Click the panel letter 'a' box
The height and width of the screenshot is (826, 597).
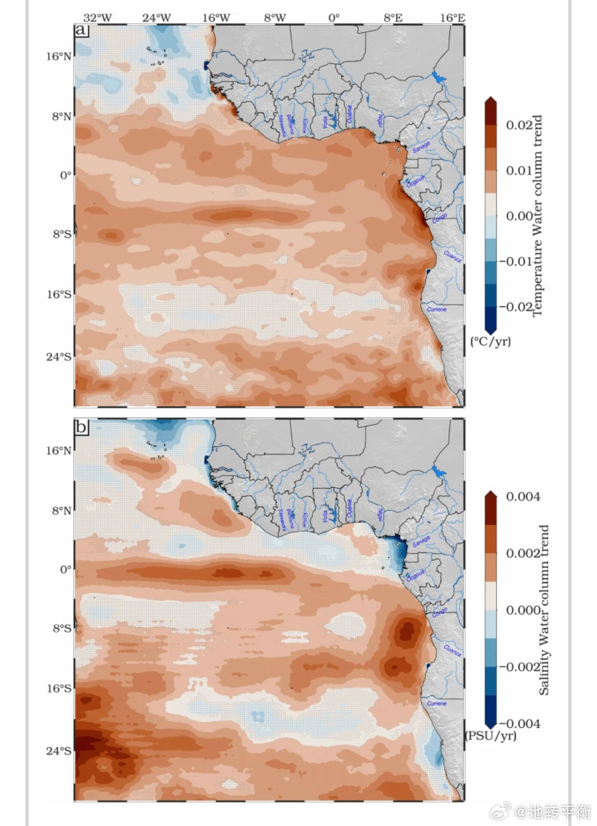[x=81, y=30]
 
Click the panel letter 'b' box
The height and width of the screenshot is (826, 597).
[x=81, y=427]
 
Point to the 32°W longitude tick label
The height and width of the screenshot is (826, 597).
[x=98, y=17]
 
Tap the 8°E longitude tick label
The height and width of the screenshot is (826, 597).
[x=393, y=17]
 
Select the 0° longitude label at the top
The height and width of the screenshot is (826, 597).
[x=333, y=17]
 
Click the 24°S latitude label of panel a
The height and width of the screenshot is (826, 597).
[x=58, y=357]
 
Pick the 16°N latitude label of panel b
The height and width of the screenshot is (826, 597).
[x=58, y=451]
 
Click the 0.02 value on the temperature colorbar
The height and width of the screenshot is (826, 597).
[x=519, y=125]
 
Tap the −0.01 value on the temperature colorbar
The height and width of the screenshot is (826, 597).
[x=515, y=261]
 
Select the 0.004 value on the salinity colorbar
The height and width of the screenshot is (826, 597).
[x=523, y=497]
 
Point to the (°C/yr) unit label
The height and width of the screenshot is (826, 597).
[x=491, y=341]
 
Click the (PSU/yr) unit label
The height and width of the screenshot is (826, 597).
[x=490, y=735]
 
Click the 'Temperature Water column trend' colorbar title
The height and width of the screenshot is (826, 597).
[x=538, y=216]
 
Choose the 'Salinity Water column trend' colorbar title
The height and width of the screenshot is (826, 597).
[x=544, y=610]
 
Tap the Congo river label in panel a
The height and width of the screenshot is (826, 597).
[x=439, y=218]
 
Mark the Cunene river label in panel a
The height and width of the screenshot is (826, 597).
[x=437, y=309]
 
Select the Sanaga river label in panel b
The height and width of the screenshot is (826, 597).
[x=421, y=541]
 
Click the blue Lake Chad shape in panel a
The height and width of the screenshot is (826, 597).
[x=438, y=78]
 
